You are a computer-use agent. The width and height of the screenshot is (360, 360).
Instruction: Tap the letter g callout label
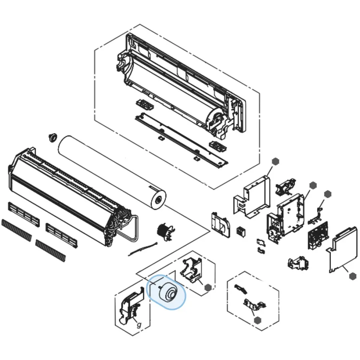point(139,324)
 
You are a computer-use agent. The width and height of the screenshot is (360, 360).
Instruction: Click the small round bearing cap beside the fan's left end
point(53,137)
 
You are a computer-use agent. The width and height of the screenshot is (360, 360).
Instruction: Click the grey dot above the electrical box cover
point(275,162)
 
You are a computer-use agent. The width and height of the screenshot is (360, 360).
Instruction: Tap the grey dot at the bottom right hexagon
point(258,320)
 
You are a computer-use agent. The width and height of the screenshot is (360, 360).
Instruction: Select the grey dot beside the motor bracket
point(208,287)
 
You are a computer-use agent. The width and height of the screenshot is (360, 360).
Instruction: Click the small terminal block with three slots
point(241,232)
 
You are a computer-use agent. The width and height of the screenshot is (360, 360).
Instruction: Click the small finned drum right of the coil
point(165,232)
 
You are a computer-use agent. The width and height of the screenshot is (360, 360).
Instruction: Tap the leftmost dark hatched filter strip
point(16,230)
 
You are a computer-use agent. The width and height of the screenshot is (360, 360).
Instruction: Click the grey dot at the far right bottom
point(352,276)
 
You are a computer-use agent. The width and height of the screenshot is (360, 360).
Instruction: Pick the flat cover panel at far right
point(342,250)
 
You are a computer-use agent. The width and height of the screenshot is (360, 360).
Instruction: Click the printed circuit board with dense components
point(318,236)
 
